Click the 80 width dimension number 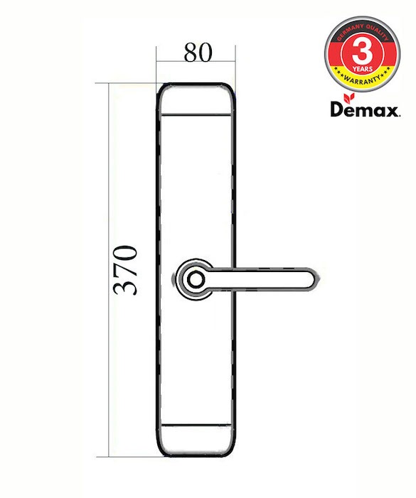(198, 53)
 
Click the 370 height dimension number (125, 270)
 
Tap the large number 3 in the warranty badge (362, 52)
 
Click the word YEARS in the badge (362, 69)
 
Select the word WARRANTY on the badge (362, 79)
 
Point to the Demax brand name (365, 109)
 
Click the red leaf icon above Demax (349, 98)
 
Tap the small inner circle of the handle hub (195, 280)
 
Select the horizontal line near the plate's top (196, 114)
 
